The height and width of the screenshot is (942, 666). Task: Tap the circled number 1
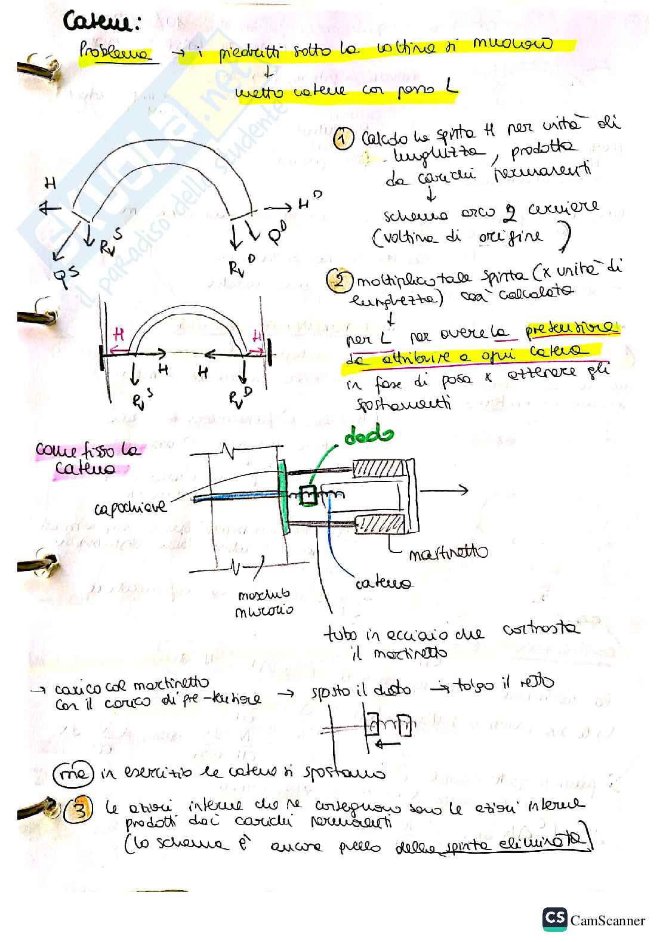point(343,139)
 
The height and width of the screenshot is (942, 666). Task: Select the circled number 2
point(338,279)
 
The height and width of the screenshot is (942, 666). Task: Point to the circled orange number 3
point(80,810)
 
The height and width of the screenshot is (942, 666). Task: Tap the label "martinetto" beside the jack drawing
point(448,554)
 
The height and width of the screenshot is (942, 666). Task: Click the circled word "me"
point(73,774)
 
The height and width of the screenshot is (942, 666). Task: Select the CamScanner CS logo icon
point(554,919)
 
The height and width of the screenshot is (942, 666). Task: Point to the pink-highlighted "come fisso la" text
point(88,449)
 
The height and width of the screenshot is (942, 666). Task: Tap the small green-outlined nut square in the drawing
point(307,495)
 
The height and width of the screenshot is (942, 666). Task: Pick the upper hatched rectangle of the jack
point(378,469)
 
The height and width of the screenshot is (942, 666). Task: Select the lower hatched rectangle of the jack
point(380,524)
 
